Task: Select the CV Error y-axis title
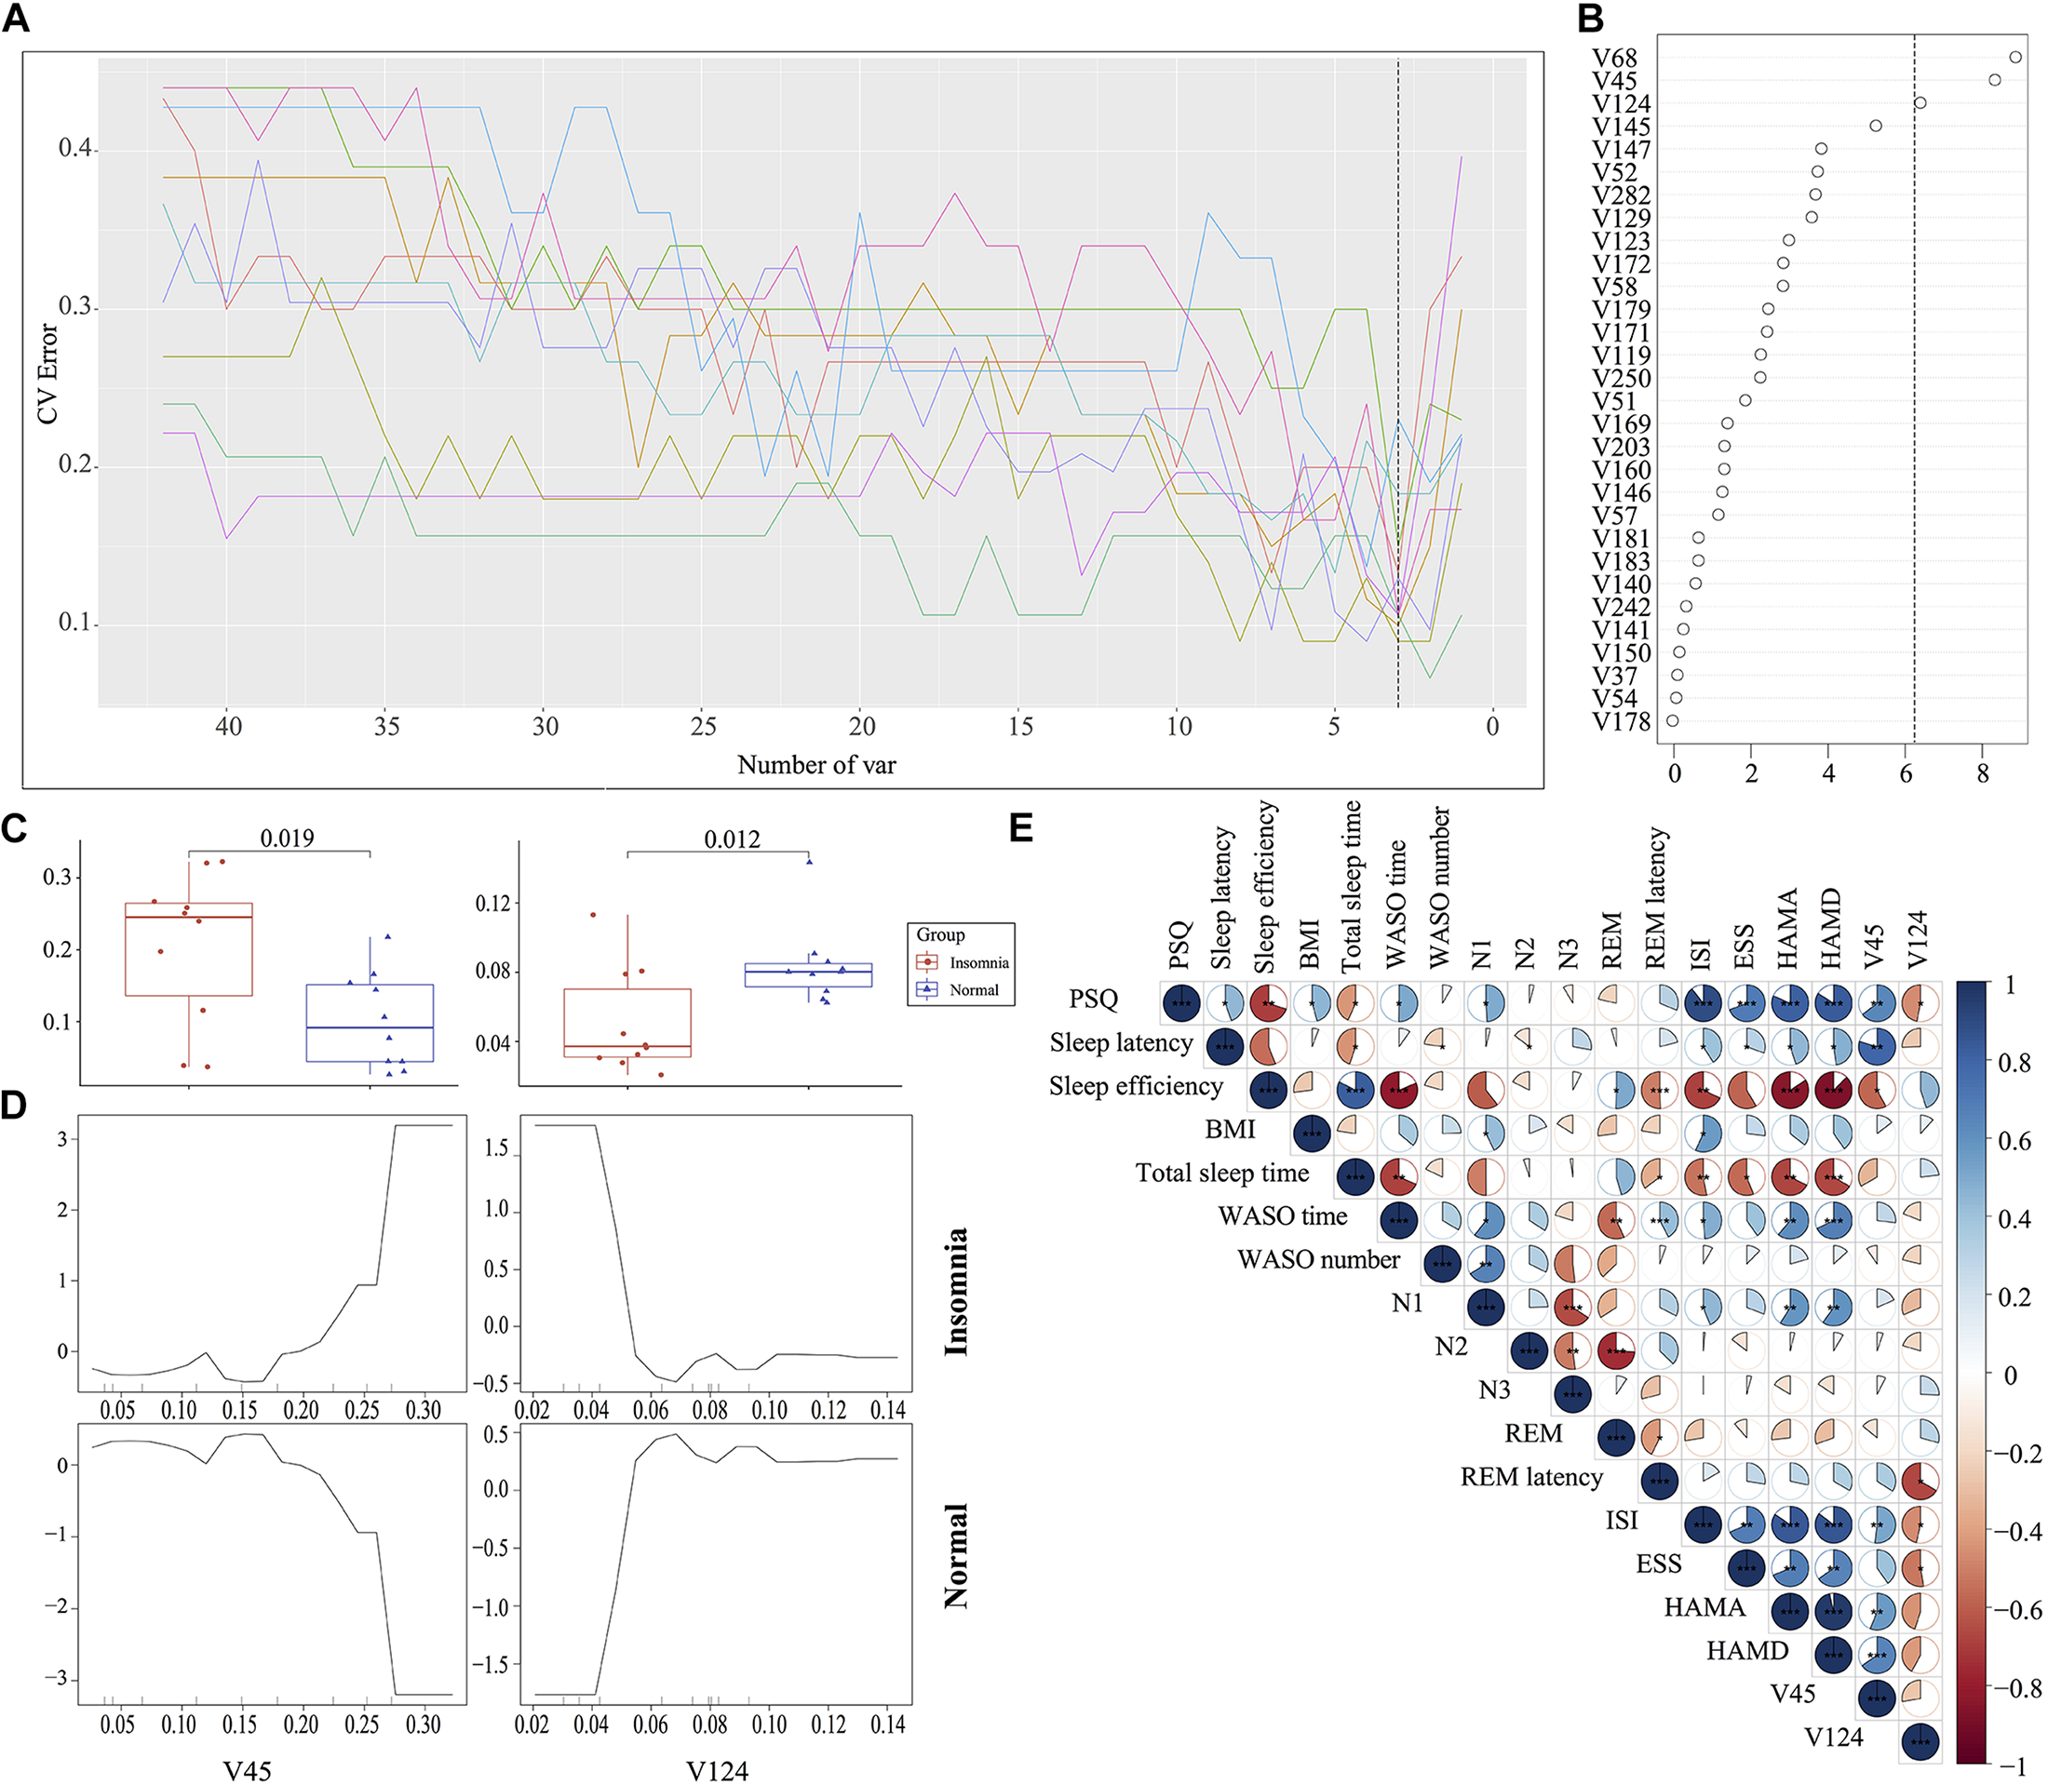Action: (x=47, y=373)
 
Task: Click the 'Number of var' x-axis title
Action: (x=815, y=765)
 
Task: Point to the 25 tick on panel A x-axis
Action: (x=703, y=727)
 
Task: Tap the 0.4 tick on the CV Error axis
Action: (x=74, y=150)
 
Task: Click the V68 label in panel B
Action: (x=1613, y=59)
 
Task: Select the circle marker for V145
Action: (x=1876, y=126)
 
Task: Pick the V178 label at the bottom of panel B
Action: (x=1621, y=721)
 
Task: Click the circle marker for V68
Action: (x=2015, y=57)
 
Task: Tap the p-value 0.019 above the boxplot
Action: (x=287, y=839)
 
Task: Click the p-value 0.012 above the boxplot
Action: (x=732, y=839)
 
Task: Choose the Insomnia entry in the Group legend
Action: (x=977, y=962)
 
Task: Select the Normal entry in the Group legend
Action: (x=973, y=989)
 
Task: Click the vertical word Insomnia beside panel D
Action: (x=955, y=1291)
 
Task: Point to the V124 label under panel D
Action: (x=716, y=1770)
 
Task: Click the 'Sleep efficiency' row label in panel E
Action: (x=1136, y=1086)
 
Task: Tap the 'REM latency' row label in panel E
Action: (x=1531, y=1476)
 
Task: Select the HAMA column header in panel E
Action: (x=1789, y=927)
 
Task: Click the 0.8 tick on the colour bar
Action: (x=2015, y=1063)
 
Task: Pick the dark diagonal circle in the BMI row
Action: (x=1312, y=1134)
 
